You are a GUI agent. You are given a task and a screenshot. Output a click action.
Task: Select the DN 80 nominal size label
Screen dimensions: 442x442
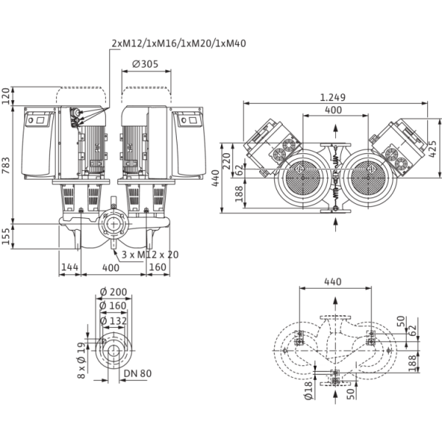click(137, 373)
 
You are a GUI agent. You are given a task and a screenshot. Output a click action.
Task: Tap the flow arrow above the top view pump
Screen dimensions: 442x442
click(336, 133)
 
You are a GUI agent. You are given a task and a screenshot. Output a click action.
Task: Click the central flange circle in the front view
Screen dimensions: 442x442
click(115, 223)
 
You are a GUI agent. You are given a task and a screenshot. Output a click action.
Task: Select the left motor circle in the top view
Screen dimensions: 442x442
click(301, 179)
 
